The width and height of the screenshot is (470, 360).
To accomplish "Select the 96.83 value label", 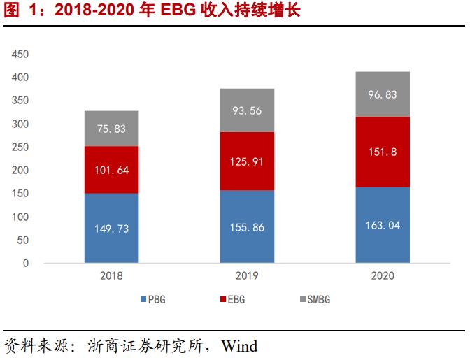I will point(383,94).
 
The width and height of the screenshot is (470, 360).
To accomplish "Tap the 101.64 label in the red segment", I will point(111,170).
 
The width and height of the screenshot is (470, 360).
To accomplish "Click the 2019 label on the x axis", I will point(247,275).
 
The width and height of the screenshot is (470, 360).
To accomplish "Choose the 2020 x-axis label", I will point(383,275).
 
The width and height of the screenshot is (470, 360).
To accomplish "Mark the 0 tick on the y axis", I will point(25,264).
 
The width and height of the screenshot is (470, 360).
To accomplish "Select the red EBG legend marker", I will point(222,300).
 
